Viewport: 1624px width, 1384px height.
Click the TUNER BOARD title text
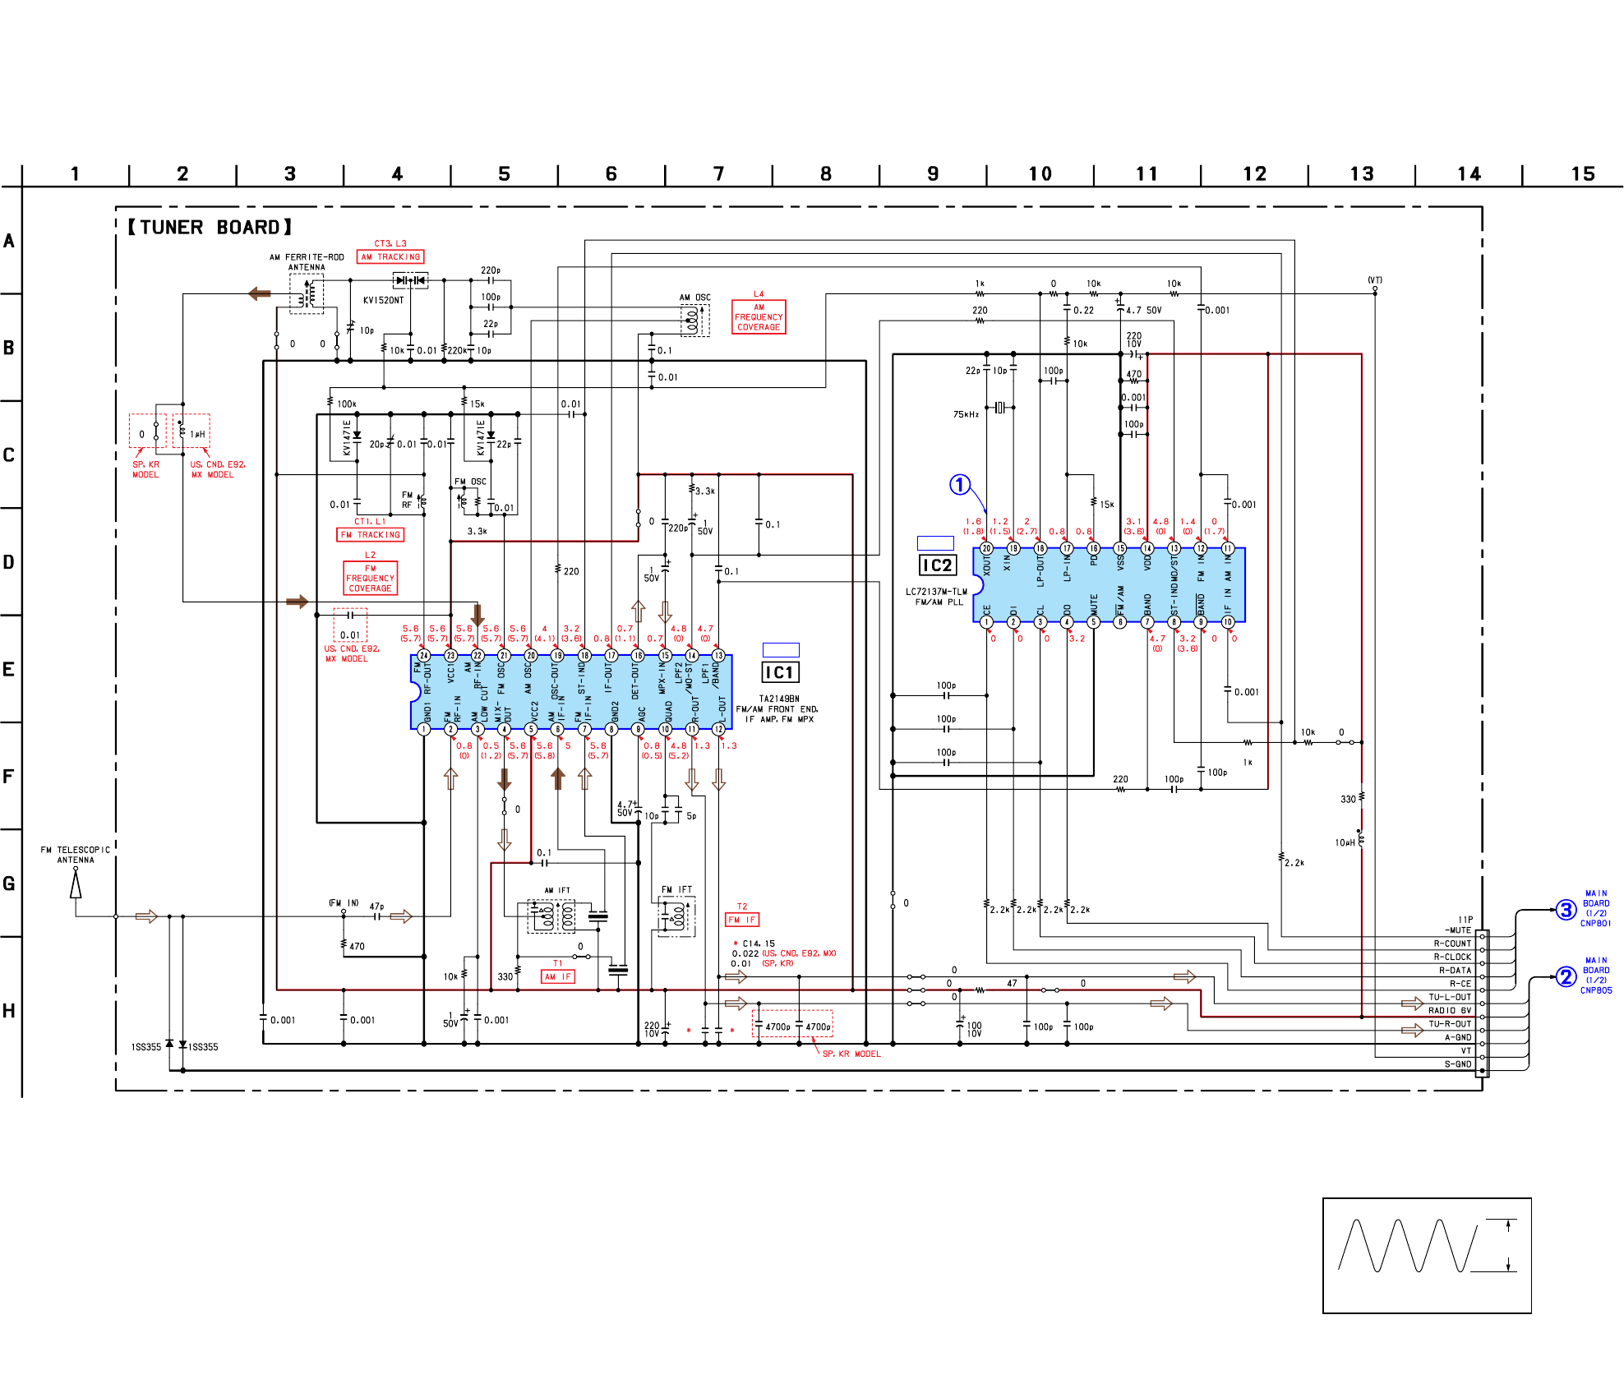tap(210, 228)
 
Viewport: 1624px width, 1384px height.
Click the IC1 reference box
tap(779, 672)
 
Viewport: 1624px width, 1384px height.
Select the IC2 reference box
tap(937, 565)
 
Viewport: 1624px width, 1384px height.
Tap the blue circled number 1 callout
tap(960, 485)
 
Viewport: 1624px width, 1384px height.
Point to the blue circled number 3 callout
tap(1566, 910)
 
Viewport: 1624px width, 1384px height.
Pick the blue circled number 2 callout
tap(1566, 976)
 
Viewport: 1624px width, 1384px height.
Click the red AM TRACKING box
tap(390, 257)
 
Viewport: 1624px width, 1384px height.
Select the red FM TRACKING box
tap(370, 535)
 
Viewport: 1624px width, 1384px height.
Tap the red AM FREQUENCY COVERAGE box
tap(759, 317)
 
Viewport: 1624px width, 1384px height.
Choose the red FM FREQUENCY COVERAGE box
tap(370, 578)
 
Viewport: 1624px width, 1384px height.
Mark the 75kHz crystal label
tap(966, 414)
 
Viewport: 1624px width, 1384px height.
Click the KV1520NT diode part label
tap(383, 301)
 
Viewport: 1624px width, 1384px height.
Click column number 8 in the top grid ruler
tap(825, 174)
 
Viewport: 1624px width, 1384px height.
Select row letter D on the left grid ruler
tap(9, 562)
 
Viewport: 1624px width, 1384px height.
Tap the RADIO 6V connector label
tap(1449, 1011)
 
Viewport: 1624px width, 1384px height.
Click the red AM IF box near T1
tap(557, 977)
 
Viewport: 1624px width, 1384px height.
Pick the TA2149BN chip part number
tap(778, 699)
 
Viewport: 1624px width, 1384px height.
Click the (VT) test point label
tap(1374, 280)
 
